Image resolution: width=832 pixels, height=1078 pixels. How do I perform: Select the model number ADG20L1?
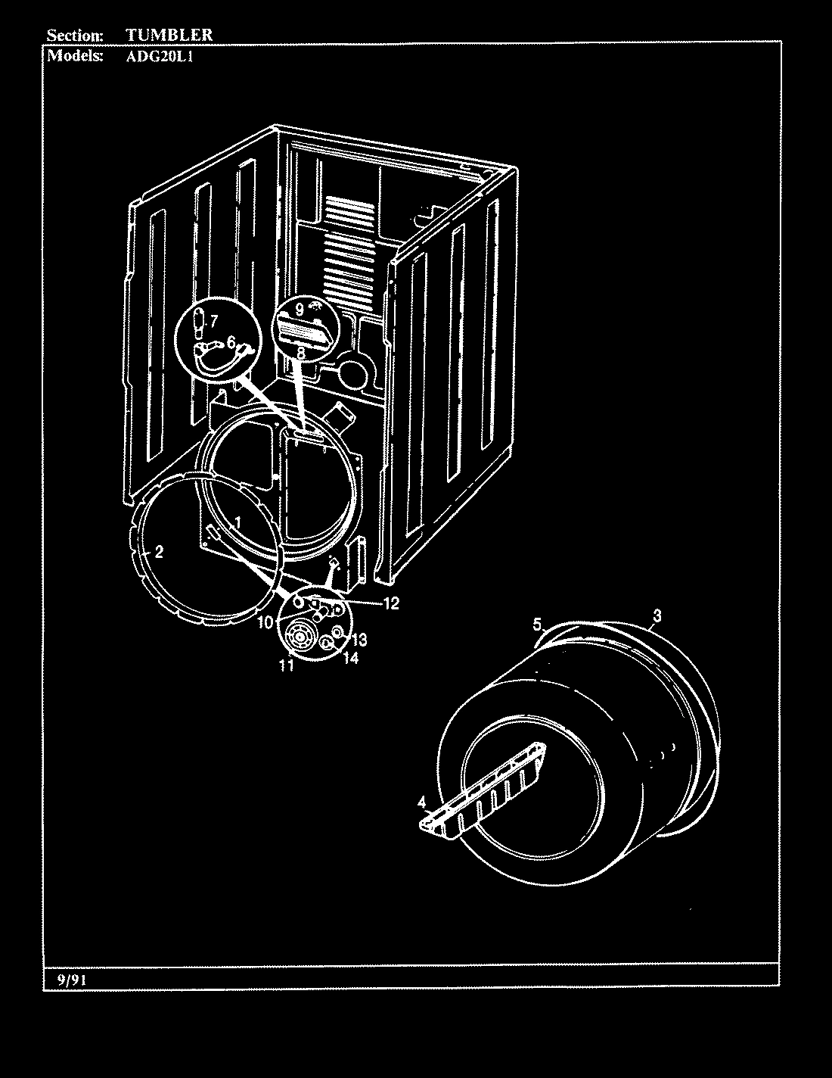159,56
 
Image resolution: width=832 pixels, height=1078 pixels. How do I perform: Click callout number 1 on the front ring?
237,522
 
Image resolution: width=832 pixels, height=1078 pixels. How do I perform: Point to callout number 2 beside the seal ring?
159,552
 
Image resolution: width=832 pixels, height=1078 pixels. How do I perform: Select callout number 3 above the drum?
657,616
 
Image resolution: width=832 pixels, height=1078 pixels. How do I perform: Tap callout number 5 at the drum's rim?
537,625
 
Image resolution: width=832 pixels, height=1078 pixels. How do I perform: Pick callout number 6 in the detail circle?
231,341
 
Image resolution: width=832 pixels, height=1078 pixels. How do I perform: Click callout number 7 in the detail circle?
213,320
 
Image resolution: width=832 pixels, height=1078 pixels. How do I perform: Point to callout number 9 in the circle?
300,309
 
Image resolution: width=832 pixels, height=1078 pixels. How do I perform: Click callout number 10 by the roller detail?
264,622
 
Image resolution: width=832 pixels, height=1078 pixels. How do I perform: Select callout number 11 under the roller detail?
285,665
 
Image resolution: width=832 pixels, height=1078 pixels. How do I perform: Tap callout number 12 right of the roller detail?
390,603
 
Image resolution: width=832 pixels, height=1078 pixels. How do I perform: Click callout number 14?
350,659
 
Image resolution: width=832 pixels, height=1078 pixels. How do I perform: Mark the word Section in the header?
75,35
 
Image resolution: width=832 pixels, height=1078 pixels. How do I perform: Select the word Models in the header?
75,56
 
